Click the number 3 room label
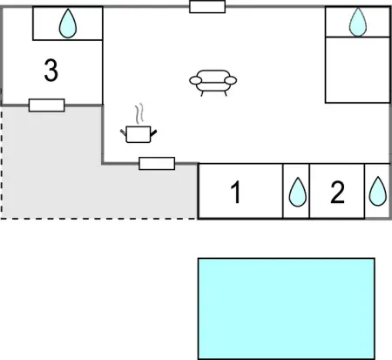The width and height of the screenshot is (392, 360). point(51,70)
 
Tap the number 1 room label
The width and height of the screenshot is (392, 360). point(236,192)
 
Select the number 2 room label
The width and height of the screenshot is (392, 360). point(337,192)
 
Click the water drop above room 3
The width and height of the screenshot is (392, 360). point(68,24)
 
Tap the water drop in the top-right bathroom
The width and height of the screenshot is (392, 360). point(358,22)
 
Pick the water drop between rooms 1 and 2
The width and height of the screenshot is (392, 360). point(298,192)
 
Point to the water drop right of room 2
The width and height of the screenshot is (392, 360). point(378,191)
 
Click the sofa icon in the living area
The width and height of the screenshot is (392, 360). point(213,83)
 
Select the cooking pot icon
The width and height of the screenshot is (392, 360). point(139,134)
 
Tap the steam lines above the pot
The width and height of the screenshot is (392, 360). point(139,113)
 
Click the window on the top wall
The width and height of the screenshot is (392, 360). point(207,7)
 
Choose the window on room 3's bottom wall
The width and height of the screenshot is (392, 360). point(47,105)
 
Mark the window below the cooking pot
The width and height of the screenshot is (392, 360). point(157,164)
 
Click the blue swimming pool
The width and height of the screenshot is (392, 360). point(287,309)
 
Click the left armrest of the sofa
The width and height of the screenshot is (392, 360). point(195,80)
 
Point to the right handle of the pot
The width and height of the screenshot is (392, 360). point(153,133)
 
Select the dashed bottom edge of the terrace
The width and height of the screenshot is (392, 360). point(99,219)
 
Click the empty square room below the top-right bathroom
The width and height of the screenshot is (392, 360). point(357,70)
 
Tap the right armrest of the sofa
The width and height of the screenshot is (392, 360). point(231,80)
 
